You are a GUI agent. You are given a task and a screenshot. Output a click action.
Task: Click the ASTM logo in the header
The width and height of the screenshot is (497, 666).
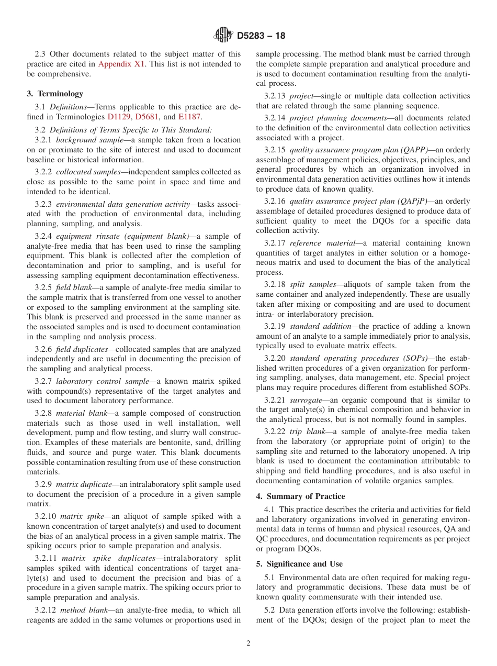[x=223, y=36]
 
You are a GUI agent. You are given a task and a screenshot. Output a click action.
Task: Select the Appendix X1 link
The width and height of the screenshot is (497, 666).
[x=118, y=64]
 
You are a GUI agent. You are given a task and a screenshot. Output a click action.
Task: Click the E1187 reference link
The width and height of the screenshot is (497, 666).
[x=189, y=117]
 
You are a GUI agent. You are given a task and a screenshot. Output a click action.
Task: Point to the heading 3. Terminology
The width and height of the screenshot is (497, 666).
[x=55, y=94]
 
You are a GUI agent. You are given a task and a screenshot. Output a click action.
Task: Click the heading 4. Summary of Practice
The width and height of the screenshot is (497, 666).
[x=300, y=496]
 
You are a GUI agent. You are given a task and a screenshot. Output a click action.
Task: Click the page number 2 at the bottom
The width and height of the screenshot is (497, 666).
[x=249, y=643]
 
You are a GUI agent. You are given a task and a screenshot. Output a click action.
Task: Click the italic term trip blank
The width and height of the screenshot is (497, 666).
[x=306, y=431]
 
